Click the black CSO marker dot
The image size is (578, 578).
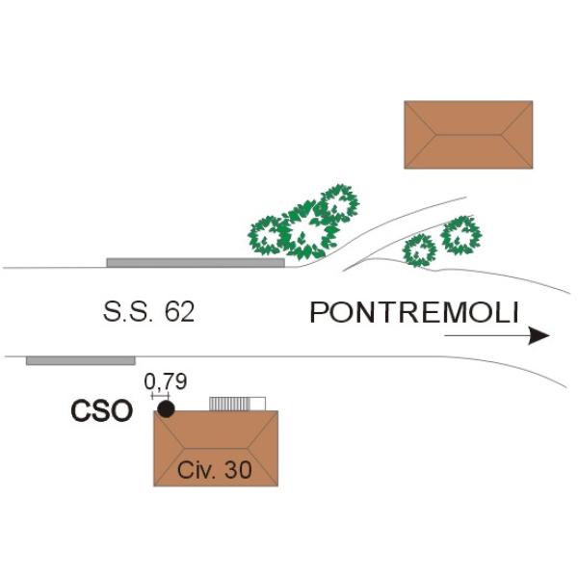(x=166, y=409)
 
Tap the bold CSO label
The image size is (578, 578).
(x=102, y=411)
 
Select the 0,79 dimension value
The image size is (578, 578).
(x=166, y=381)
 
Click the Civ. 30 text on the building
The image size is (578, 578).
(x=215, y=470)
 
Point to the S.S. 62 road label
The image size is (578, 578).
(x=148, y=312)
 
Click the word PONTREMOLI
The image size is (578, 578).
(x=414, y=312)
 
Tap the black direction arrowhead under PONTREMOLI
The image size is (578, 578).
(x=539, y=335)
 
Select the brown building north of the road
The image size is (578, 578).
(x=468, y=135)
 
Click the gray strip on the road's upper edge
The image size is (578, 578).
(x=196, y=262)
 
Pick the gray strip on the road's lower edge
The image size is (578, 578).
(x=81, y=360)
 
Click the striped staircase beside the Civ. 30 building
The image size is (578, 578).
(x=230, y=404)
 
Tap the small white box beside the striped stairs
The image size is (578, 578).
(x=258, y=404)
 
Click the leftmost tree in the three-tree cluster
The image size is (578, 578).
(x=266, y=236)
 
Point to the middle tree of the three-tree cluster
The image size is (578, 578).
(x=305, y=231)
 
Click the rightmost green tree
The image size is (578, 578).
(x=461, y=235)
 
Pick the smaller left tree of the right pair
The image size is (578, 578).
(x=419, y=250)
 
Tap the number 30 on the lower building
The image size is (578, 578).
(x=238, y=470)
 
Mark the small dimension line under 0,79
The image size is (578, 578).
(x=160, y=396)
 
